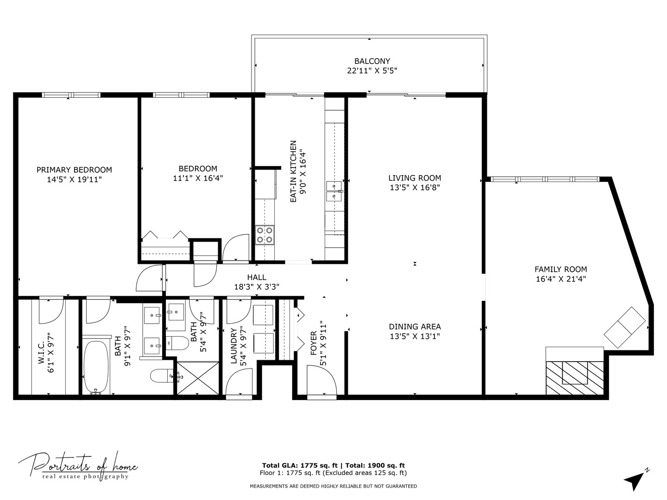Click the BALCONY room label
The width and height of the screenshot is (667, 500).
[372, 61]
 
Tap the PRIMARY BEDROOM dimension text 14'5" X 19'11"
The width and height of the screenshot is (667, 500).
[74, 180]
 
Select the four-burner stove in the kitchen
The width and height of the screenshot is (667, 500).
[264, 235]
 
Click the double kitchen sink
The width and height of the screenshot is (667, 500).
[334, 191]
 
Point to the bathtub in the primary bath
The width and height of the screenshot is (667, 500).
[96, 366]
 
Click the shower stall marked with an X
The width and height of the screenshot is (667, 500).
[198, 378]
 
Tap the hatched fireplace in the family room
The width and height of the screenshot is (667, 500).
[575, 378]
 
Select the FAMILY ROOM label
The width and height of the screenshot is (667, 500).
[560, 269]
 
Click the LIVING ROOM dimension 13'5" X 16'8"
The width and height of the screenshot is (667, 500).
[415, 187]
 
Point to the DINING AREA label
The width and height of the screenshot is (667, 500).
[415, 327]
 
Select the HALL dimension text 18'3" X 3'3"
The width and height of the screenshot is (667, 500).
[257, 287]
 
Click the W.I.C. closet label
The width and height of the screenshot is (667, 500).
[42, 352]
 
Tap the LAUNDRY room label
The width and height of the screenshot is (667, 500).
[233, 346]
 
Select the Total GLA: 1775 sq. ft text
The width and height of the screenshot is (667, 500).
[300, 465]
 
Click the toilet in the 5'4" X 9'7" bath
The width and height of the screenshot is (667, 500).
[177, 343]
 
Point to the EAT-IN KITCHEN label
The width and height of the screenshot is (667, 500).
[293, 171]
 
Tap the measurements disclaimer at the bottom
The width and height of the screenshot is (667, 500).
[333, 486]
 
